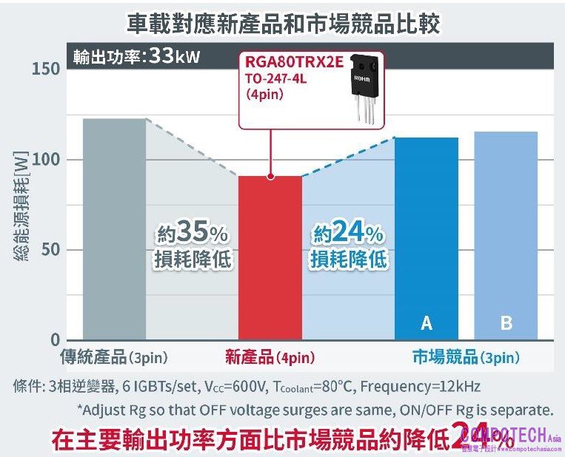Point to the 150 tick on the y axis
46,70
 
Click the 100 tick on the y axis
46,160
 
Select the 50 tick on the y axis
50,250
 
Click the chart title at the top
283,22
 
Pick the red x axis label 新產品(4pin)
270,359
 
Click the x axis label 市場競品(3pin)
465,359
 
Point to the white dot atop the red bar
270,177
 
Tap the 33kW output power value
174,56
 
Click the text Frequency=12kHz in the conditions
420,387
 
